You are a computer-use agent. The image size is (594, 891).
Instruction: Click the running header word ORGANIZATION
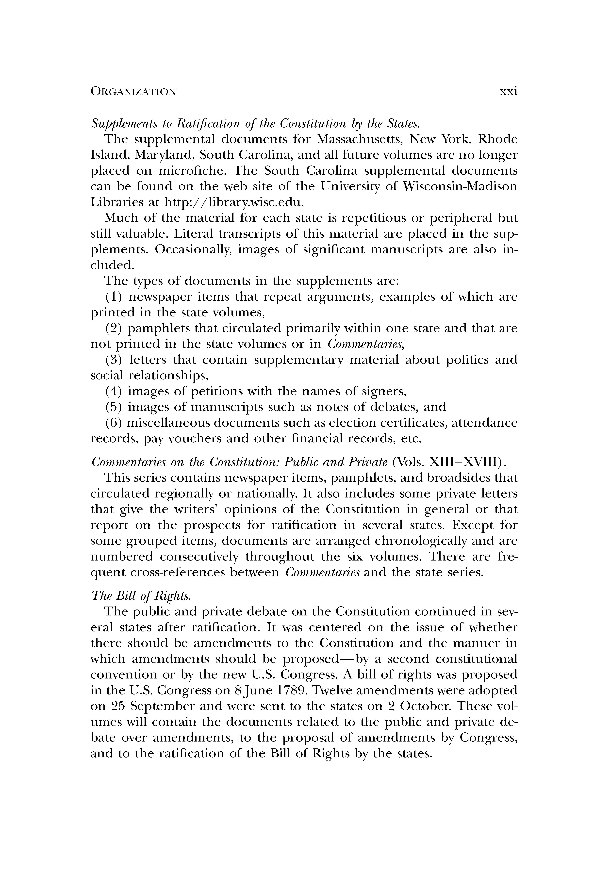tap(133, 92)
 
